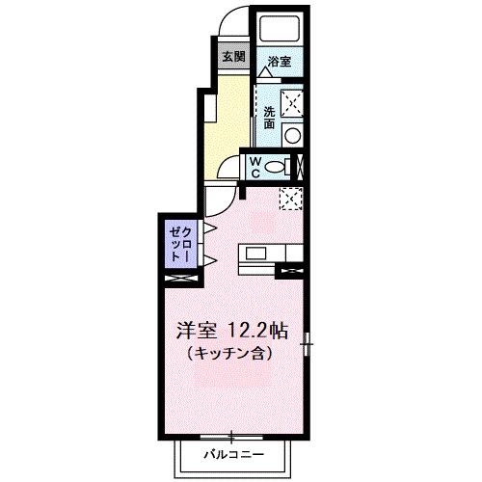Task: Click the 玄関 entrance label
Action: (x=232, y=56)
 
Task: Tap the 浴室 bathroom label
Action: (x=281, y=61)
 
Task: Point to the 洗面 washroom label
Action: (x=269, y=117)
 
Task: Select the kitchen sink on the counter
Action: (x=255, y=254)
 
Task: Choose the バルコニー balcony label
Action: (x=231, y=452)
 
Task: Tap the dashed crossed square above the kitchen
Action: (x=291, y=199)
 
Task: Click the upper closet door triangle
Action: (x=207, y=229)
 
